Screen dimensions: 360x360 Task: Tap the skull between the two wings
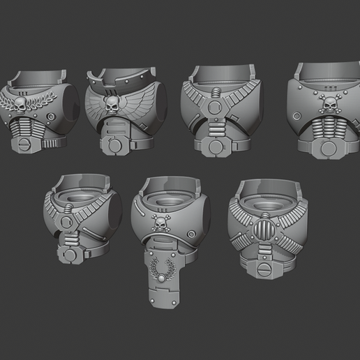tap(111, 105)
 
